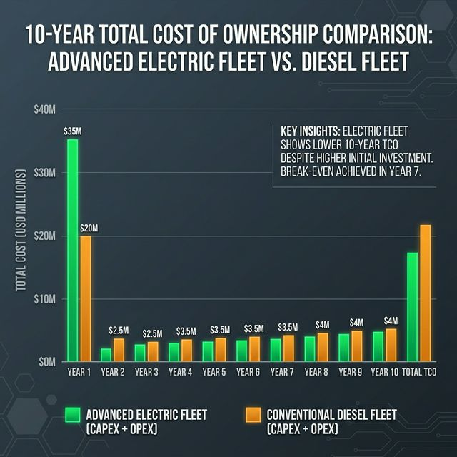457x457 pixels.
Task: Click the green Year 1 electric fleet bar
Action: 73,250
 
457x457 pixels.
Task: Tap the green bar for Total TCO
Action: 413,306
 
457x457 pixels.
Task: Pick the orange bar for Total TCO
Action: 426,293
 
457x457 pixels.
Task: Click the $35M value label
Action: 73,131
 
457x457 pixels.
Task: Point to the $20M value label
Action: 89,228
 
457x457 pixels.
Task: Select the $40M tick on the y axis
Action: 44,109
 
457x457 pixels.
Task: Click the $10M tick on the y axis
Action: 44,298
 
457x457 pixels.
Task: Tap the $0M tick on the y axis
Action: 46,361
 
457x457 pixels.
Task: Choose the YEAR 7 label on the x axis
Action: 281,372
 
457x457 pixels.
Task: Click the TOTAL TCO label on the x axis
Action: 419,372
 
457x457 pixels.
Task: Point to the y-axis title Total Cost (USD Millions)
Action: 21,230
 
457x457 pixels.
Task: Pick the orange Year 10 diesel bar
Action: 391,344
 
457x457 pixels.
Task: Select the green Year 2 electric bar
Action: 106,354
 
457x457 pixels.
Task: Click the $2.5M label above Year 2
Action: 119,331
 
